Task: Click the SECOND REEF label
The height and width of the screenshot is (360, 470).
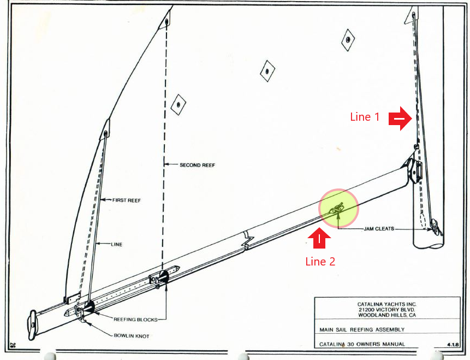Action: [x=197, y=165]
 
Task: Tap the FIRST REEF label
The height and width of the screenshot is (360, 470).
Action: [x=126, y=200]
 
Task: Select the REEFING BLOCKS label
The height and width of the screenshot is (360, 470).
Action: [x=135, y=320]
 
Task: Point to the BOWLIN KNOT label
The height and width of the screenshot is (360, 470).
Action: [x=132, y=336]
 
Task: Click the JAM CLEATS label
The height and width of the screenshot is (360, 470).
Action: [x=379, y=229]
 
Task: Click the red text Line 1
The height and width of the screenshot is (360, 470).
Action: [x=365, y=117]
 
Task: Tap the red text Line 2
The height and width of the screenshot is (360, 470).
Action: [x=320, y=262]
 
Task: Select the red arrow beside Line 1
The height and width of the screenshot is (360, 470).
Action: [x=400, y=119]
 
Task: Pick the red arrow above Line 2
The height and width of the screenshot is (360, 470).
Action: [x=319, y=239]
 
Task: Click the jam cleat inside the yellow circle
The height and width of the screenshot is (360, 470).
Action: [x=337, y=208]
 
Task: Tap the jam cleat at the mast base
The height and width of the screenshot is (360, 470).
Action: [x=436, y=227]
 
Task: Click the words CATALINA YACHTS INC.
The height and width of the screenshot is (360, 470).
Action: [x=386, y=304]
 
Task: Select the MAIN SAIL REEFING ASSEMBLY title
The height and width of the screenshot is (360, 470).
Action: [x=362, y=330]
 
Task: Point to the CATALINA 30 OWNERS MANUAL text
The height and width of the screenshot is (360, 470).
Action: [x=362, y=344]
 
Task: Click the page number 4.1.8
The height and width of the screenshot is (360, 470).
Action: [x=453, y=345]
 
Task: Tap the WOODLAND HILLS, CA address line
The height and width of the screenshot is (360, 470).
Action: [x=387, y=315]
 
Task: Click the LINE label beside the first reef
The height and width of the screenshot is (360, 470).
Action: [x=117, y=245]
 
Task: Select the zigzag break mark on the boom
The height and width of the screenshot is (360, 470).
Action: [x=248, y=240]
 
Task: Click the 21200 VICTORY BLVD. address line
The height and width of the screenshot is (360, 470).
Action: [x=386, y=310]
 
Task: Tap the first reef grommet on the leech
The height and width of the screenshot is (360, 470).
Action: [x=105, y=133]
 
